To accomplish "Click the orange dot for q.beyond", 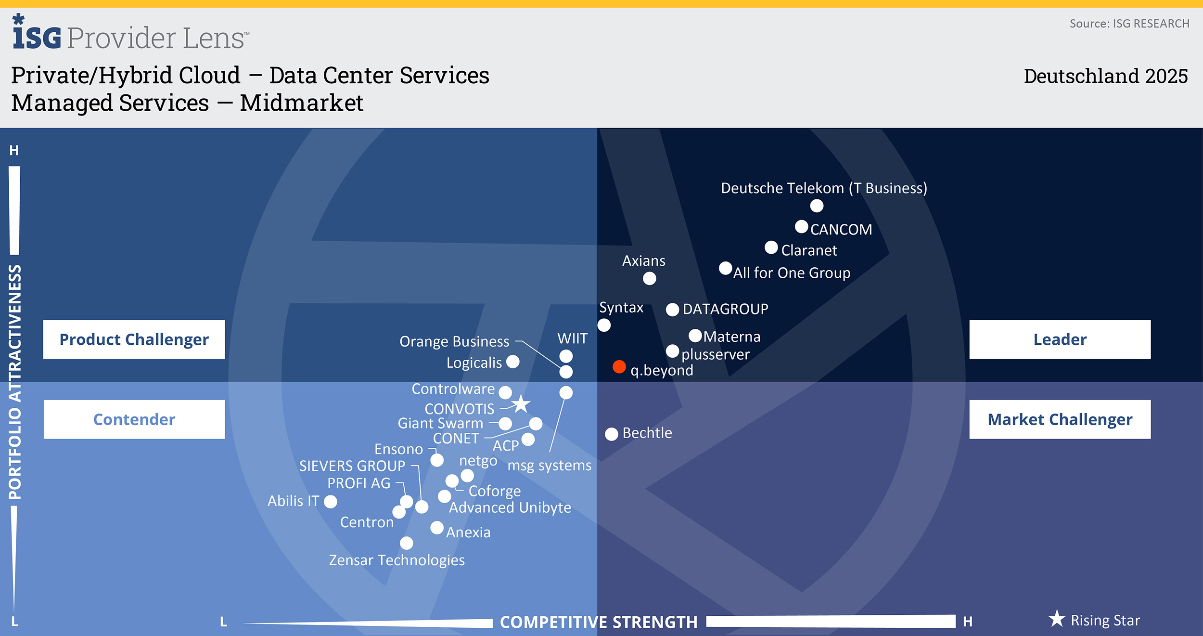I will pyautogui.click(x=619, y=367).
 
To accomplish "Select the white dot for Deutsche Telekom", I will pyautogui.click(x=817, y=206).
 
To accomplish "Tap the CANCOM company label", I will pyautogui.click(x=841, y=230).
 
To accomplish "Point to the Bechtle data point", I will pyautogui.click(x=611, y=434).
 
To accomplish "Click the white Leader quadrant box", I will pyautogui.click(x=1060, y=339).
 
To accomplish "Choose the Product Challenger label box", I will pyautogui.click(x=134, y=339).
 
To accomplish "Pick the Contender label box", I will pyautogui.click(x=134, y=419).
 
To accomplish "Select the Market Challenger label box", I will pyautogui.click(x=1060, y=419).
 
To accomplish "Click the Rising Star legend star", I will pyautogui.click(x=1057, y=619).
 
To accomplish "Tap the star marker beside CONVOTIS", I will pyautogui.click(x=521, y=404).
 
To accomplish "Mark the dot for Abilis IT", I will pyautogui.click(x=331, y=502).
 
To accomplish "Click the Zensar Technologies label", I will pyautogui.click(x=397, y=560).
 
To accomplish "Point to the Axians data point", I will pyautogui.click(x=650, y=278).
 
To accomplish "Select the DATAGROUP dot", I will pyautogui.click(x=672, y=310).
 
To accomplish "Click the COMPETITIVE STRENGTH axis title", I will pyautogui.click(x=599, y=622).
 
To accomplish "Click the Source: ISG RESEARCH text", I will pyautogui.click(x=1129, y=24).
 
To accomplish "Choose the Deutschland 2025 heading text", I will pyautogui.click(x=1105, y=76).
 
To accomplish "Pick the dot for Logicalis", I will pyautogui.click(x=513, y=362).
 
